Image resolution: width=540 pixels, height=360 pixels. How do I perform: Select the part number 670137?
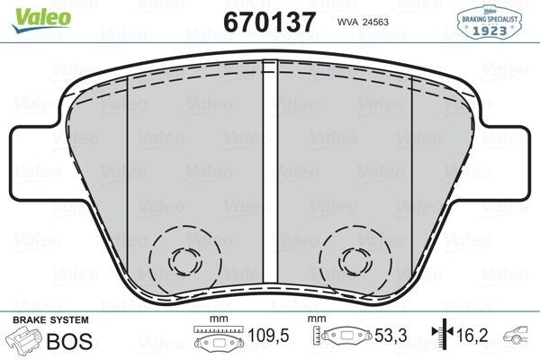point(269,21)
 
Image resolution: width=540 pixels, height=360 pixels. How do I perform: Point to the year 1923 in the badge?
point(491,29)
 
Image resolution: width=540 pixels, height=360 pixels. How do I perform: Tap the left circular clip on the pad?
point(185,260)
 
